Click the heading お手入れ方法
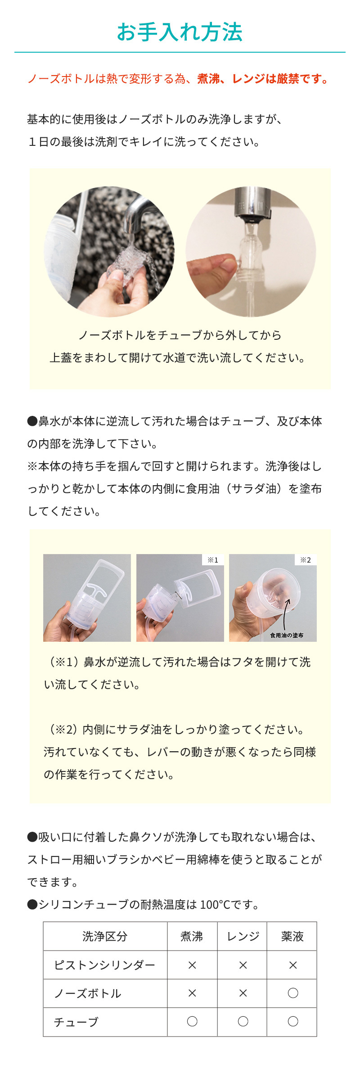(x=180, y=32)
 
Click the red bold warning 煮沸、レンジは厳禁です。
(x=263, y=79)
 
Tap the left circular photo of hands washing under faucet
(x=109, y=252)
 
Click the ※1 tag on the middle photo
(x=213, y=560)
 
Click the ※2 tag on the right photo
(x=306, y=560)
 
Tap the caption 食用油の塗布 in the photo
(x=287, y=635)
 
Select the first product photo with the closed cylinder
(x=87, y=598)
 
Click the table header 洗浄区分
(x=105, y=937)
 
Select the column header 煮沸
(x=192, y=937)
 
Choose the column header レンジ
(x=243, y=937)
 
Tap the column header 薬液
(x=292, y=937)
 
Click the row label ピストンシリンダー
(x=104, y=965)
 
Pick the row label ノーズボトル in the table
(x=88, y=993)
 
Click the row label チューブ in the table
(x=76, y=1022)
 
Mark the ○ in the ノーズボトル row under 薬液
(x=293, y=993)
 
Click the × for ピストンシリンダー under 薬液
(x=293, y=965)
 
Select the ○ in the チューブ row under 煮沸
(x=192, y=1021)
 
